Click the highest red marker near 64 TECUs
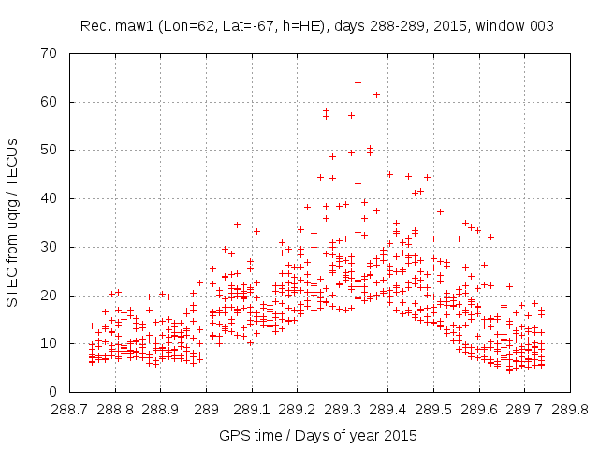tap(358, 82)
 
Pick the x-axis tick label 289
tap(207, 409)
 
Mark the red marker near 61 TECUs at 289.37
tap(376, 94)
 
